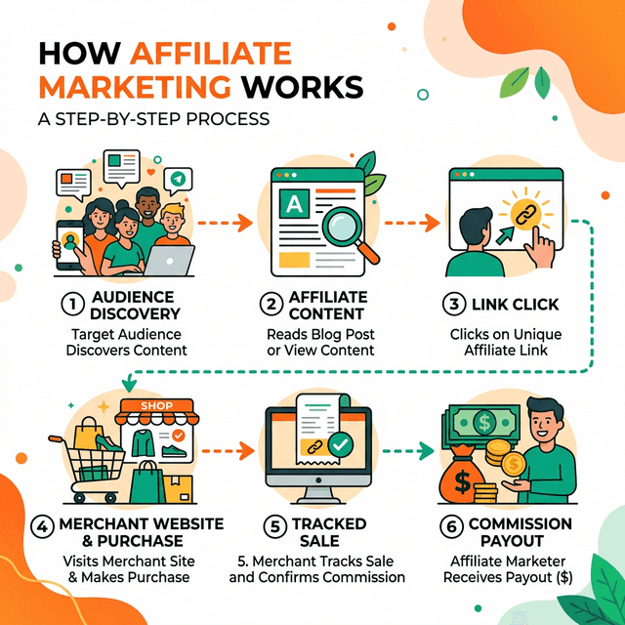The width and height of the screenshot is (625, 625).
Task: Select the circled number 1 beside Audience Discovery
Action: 71,304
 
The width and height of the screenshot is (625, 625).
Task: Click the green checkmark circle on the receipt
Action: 340,443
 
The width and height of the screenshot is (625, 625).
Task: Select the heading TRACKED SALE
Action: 316,532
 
